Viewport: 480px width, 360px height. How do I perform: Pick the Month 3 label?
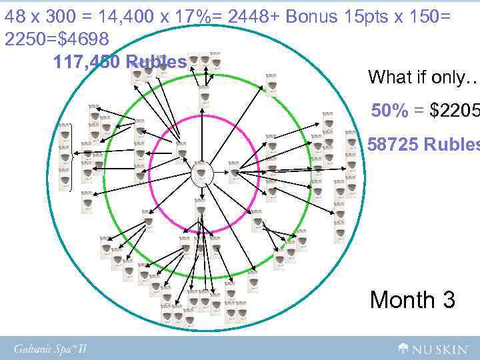pos(413,299)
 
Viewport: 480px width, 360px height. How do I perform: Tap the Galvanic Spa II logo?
pos(51,348)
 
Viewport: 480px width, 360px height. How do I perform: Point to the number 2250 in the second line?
pos(27,39)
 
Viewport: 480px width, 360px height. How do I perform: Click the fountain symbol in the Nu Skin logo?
pos(404,347)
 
